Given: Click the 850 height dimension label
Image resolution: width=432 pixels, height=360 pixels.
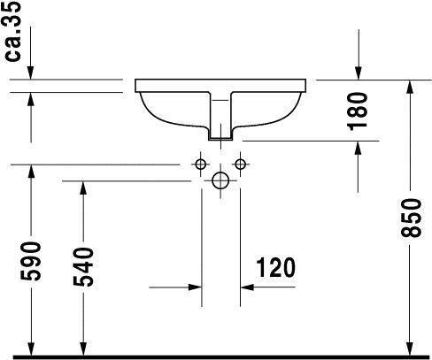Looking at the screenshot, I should coord(409,216).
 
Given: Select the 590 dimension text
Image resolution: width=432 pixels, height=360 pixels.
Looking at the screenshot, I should coord(31,260).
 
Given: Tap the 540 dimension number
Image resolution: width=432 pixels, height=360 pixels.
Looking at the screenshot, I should coord(82,265).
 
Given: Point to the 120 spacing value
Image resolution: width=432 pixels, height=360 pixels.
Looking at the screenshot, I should coord(274,266).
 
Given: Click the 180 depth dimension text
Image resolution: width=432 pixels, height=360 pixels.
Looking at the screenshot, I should coord(359,111).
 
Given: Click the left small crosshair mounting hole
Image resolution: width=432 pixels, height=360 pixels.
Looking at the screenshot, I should coord(201,165).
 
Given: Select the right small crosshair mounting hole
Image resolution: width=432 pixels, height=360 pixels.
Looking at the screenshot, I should coord(239,165).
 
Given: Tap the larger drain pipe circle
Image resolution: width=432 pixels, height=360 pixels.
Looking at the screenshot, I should coord(220,181).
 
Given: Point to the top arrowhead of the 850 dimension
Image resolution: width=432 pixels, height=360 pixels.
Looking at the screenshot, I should coord(409,86).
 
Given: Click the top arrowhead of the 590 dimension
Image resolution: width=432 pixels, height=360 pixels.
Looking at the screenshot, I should coord(31,171).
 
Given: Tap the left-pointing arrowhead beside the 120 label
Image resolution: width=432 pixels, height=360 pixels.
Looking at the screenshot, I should coord(248,287).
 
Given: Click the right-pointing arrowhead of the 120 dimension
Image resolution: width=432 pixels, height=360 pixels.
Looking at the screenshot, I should coord(194,287).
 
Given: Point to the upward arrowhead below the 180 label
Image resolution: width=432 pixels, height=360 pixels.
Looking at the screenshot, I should coord(359,147).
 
